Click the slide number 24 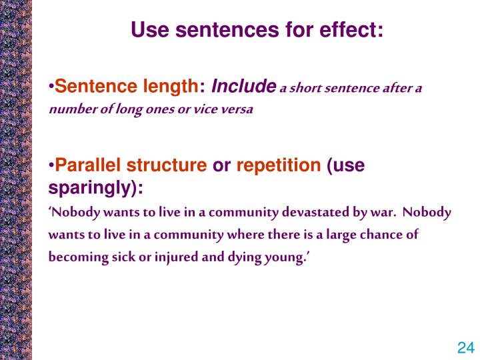click(465, 347)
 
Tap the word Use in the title click(149, 29)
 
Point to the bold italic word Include click(243, 87)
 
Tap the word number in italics click(69, 109)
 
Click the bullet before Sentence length click(51, 87)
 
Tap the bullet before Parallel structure click(51, 167)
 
